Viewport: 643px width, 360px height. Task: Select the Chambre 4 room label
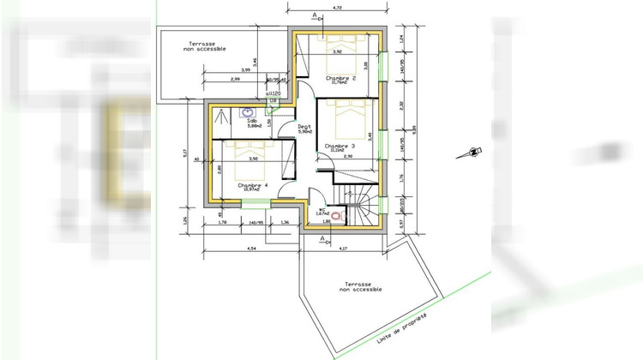[253, 185]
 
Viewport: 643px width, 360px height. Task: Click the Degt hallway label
[304, 129]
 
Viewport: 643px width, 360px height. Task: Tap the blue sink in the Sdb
[248, 112]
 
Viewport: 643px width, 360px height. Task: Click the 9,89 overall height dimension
[414, 129]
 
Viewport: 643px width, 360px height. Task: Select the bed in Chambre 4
[256, 154]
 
